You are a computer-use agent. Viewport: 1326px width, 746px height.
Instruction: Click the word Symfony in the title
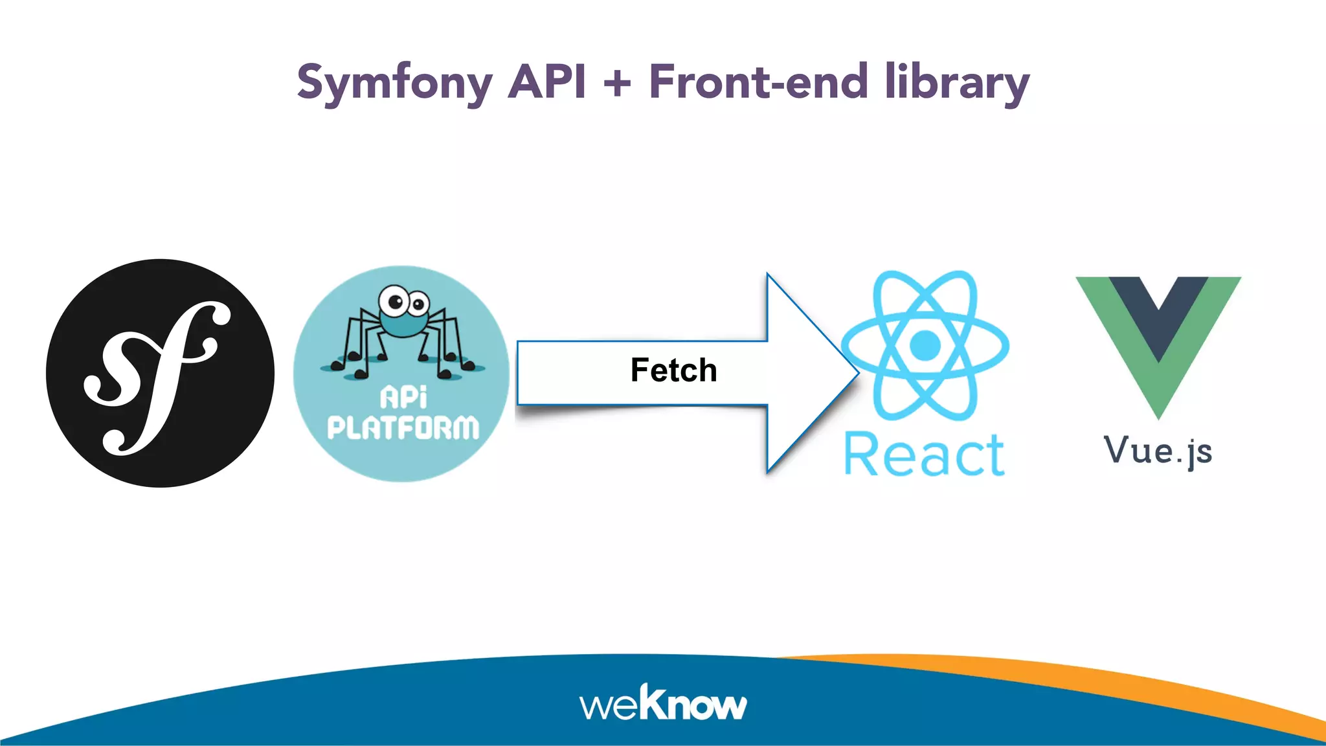(x=394, y=83)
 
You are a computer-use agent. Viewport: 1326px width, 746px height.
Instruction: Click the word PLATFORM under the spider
(x=403, y=428)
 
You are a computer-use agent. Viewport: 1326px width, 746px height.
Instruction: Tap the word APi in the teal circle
(x=403, y=397)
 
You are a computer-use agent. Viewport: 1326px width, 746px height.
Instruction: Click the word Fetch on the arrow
(x=673, y=370)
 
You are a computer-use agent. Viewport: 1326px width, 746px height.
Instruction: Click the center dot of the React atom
(x=925, y=345)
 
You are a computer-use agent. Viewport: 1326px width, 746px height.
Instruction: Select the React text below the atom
(x=924, y=455)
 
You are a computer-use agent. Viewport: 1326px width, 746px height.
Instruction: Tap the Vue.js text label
(x=1158, y=451)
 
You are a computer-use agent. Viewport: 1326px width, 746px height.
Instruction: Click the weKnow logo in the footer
(x=663, y=703)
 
